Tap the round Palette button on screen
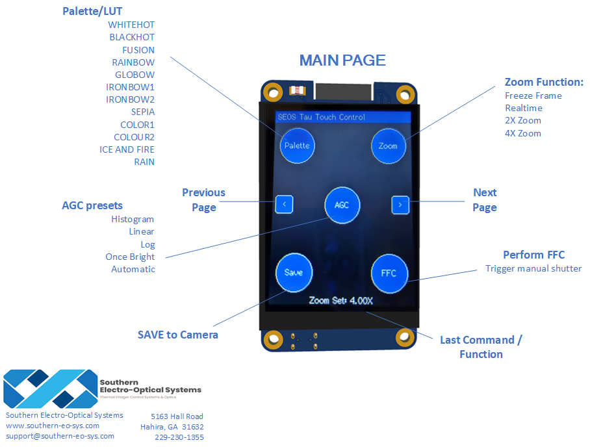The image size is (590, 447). coord(297,146)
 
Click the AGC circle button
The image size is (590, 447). coord(342,205)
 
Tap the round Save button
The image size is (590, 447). coord(294,272)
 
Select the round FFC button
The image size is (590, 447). coord(389,273)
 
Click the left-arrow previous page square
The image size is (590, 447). coord(284,204)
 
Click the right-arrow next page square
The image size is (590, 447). coord(400,205)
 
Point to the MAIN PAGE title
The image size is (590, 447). coord(342,60)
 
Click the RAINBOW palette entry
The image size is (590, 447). coord(133,62)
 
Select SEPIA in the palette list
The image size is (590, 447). coord(143,112)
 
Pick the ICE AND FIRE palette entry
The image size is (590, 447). coord(127,149)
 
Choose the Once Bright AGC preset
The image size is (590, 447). coord(130,257)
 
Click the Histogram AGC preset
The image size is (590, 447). coord(133,219)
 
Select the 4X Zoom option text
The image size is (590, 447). coord(523,133)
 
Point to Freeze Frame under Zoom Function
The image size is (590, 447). coord(533,96)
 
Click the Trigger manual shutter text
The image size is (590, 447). coord(533,268)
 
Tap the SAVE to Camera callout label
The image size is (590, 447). coord(178,335)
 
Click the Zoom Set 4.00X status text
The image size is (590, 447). coord(340,301)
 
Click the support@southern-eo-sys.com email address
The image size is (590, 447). coord(60,436)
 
